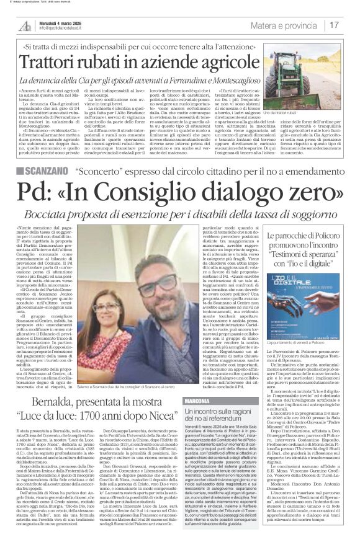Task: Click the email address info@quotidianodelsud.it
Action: pos(64,29)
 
